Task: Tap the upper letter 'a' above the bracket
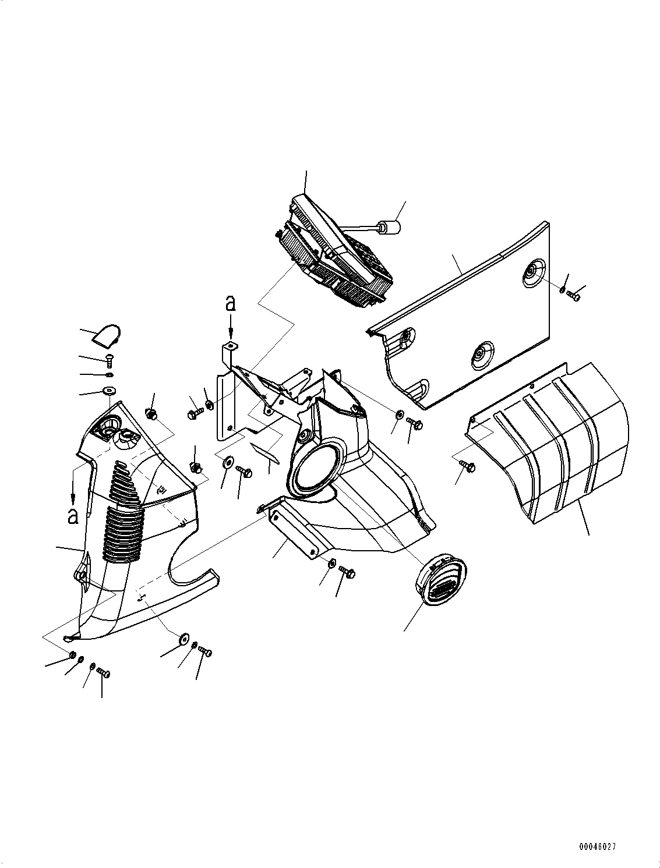[x=231, y=303]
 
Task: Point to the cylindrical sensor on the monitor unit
[x=387, y=227]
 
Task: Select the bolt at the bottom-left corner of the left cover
[x=103, y=673]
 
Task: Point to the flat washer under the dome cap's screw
[x=109, y=390]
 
